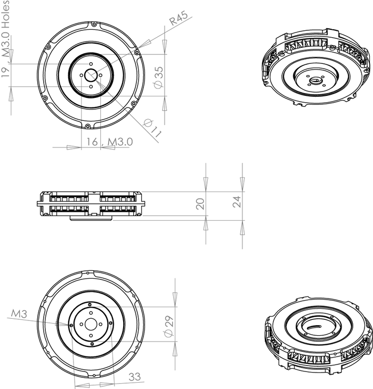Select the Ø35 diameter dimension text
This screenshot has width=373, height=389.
(158, 78)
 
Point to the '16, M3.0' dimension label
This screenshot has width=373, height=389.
(109, 142)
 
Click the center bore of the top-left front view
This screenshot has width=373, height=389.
(91, 75)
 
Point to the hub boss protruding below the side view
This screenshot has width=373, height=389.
(91, 218)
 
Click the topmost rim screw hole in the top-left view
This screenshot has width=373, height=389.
(91, 24)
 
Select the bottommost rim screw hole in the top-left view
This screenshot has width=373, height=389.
(87, 126)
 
